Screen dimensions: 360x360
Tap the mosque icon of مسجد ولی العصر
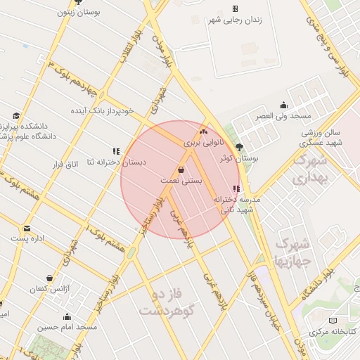coord(283,105)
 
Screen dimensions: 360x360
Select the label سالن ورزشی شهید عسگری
coord(321,137)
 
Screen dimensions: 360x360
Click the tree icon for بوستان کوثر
coord(240,148)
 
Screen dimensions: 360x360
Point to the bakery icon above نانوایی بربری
coord(204,131)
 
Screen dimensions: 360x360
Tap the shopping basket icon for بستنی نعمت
coord(181,169)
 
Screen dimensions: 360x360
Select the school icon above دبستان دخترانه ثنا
coord(116,150)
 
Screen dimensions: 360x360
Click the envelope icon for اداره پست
coord(27,229)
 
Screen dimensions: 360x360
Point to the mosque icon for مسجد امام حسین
coord(67,316)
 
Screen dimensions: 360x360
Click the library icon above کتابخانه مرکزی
coord(313,320)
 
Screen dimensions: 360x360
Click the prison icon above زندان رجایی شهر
coord(235,8)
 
